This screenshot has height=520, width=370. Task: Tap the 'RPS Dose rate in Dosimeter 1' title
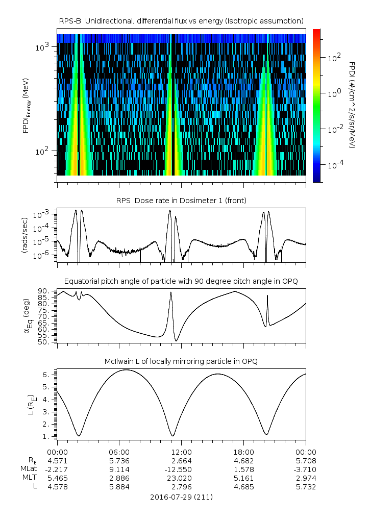click(x=181, y=201)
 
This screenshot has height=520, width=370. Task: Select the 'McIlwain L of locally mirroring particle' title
click(x=181, y=361)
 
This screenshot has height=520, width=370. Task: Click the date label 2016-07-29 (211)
click(x=181, y=497)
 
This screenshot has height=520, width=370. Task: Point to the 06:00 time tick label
click(x=119, y=452)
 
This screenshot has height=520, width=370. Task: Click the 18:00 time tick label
click(x=243, y=452)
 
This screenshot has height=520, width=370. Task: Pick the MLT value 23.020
click(x=181, y=478)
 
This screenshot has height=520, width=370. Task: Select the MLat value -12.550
click(x=181, y=469)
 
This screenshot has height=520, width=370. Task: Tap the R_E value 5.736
click(x=119, y=461)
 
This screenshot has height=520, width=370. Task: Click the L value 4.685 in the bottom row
click(x=243, y=487)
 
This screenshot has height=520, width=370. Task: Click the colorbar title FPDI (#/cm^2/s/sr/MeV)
click(x=352, y=105)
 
